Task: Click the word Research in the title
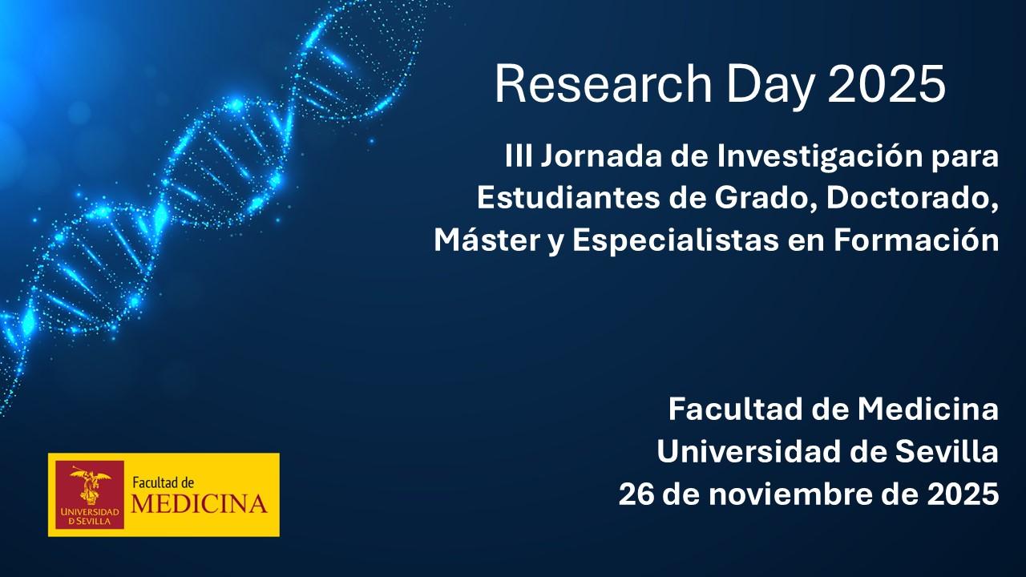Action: click(x=604, y=85)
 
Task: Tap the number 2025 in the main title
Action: click(x=887, y=85)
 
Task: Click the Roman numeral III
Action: click(x=519, y=156)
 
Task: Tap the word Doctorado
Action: click(x=912, y=200)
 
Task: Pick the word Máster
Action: click(x=487, y=240)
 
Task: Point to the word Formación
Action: click(x=916, y=240)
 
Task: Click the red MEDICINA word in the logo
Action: click(x=199, y=504)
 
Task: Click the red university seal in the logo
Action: click(x=90, y=494)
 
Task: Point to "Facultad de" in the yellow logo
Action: click(x=163, y=482)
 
